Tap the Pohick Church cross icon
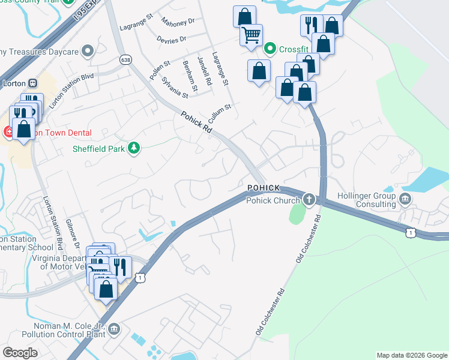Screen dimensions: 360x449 [x=309, y=199]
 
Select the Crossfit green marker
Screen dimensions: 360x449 [x=270, y=48]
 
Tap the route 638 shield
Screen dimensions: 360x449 [x=125, y=59]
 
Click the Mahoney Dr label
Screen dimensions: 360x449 [x=183, y=22]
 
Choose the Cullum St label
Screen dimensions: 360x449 [x=220, y=112]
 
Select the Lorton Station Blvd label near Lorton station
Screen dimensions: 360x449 [x=71, y=90]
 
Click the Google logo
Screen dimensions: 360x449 [x=20, y=353]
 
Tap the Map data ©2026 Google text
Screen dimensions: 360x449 [x=412, y=355]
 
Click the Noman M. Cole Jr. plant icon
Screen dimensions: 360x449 [x=115, y=329]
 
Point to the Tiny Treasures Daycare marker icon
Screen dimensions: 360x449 [x=89, y=51]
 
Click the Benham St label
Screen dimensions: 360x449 [x=190, y=72]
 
